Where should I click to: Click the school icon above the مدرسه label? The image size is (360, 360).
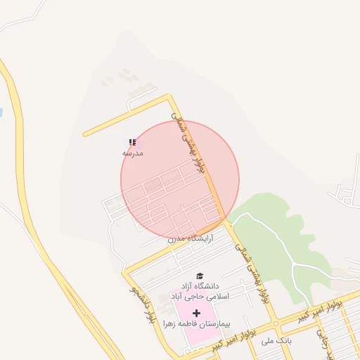coord(132,142)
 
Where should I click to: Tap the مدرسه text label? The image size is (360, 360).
coord(133,153)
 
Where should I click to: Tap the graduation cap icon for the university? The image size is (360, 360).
coord(199,276)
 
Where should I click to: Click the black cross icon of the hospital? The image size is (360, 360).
coord(195,312)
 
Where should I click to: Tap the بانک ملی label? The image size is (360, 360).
coord(276,340)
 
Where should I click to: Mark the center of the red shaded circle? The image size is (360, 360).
coord(180,180)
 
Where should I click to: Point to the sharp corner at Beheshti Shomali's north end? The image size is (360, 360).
coord(169,95)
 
